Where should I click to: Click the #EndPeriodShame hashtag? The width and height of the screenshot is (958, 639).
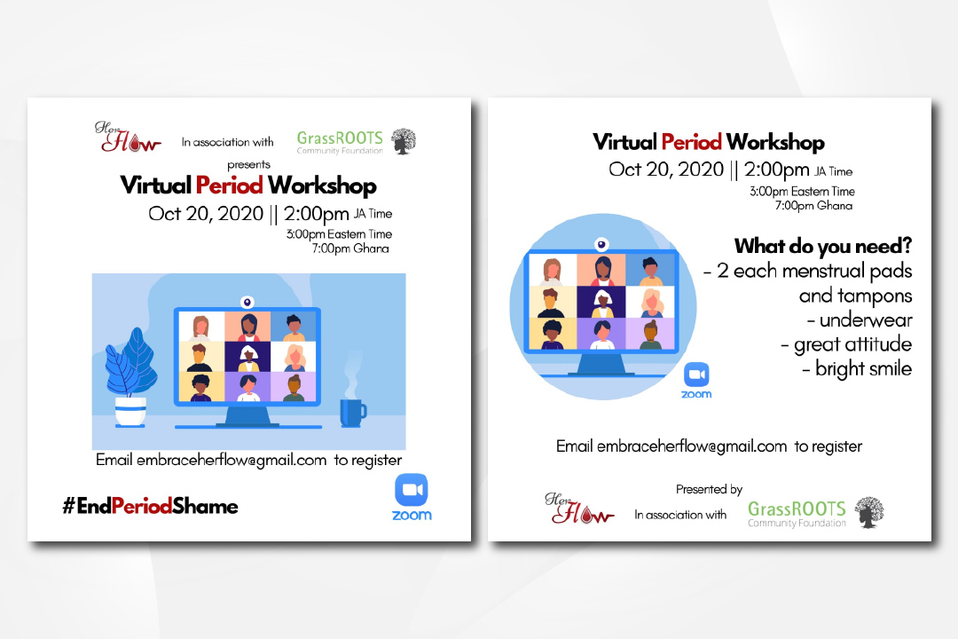coord(150,506)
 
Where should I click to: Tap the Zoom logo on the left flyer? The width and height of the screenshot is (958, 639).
coord(412,497)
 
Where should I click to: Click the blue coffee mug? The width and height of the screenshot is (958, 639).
coord(352,413)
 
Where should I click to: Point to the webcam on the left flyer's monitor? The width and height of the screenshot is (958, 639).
coord(247,302)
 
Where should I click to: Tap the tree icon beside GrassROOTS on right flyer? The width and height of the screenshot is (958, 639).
coord(868,512)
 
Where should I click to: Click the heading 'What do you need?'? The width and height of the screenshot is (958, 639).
coord(822,246)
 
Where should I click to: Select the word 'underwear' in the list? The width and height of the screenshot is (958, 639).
coord(865,319)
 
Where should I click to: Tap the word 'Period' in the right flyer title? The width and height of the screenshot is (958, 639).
coord(691,142)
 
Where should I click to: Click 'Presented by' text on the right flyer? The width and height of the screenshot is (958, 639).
coord(709,489)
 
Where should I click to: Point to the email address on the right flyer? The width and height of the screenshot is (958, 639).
coord(692,446)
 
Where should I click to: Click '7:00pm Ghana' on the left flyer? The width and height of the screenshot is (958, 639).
coord(350,248)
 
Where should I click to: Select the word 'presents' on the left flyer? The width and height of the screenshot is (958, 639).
coord(248,164)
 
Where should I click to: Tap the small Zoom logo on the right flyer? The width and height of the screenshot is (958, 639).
coord(696,381)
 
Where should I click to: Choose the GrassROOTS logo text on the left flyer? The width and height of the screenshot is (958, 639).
coord(340,142)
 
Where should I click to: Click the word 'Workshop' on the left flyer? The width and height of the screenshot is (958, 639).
coord(322,185)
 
